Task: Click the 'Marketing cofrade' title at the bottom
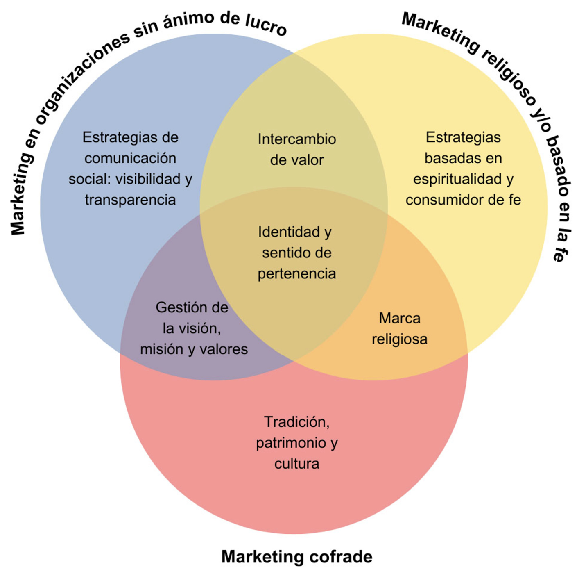296,557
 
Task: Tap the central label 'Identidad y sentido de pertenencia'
296,253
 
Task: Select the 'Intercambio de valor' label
296,149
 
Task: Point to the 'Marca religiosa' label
399,328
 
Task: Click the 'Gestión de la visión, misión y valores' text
193,328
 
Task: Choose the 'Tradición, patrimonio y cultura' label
296,443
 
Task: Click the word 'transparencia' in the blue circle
130,200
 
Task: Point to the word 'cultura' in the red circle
296,464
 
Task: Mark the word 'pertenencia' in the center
296,274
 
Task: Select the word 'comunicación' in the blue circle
130,158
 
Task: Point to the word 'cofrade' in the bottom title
341,557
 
